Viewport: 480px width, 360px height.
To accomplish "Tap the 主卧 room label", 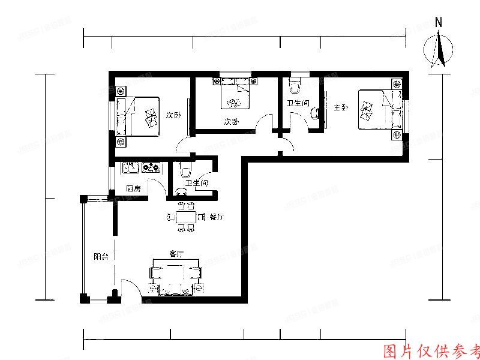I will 340,107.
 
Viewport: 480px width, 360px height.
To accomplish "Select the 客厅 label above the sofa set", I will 176,254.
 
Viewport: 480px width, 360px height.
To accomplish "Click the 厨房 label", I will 133,188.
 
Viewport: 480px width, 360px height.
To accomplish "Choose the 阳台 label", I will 101,256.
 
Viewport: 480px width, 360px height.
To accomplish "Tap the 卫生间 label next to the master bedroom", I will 298,104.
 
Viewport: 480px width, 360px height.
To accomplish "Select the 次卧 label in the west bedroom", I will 173,115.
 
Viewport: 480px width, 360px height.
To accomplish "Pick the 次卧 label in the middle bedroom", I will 232,122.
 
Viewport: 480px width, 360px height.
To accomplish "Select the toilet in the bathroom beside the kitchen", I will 185,168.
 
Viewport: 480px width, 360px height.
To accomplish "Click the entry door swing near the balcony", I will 131,289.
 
